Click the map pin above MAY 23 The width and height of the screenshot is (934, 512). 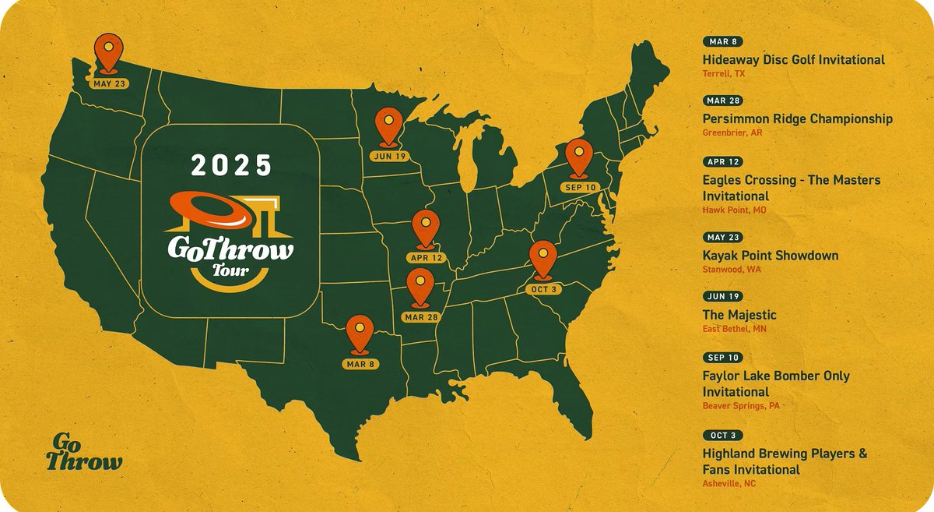coord(107,53)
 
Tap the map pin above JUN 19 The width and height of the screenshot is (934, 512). coord(387,126)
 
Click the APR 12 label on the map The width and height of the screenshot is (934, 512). coord(425,257)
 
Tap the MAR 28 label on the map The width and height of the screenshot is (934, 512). coord(421,316)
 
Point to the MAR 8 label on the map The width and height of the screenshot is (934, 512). coord(358,363)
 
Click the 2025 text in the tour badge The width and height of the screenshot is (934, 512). coord(231,165)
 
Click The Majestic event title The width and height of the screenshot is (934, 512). coord(739,315)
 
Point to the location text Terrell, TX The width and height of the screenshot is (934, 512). coord(723,74)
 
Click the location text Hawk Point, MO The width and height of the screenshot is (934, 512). coord(729,210)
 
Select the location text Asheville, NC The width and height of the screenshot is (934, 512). coord(729,484)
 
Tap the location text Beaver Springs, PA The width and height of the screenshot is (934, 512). coord(740,406)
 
